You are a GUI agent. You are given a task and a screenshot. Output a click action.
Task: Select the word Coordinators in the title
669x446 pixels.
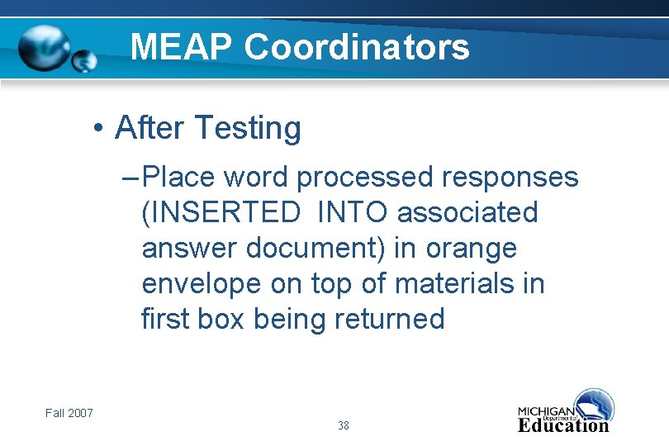tap(357, 47)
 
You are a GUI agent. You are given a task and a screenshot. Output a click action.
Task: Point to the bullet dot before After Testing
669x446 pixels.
tap(97, 130)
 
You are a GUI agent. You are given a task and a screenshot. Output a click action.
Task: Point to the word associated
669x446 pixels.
tap(467, 212)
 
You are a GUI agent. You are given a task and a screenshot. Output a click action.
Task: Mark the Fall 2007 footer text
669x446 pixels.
tap(69, 413)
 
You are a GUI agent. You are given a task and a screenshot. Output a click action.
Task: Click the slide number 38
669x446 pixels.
tap(344, 426)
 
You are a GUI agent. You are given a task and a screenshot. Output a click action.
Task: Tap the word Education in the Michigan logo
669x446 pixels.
tap(563, 426)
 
